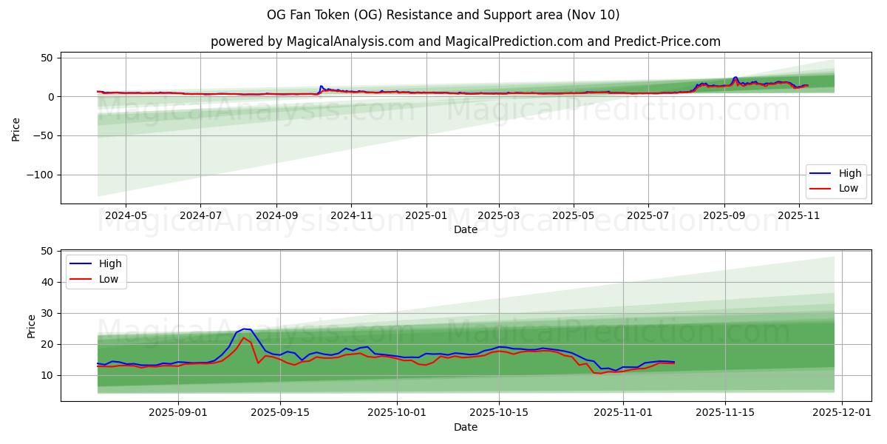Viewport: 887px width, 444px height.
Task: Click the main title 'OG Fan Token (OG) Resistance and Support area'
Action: (x=443, y=15)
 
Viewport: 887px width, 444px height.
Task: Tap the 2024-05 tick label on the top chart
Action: (x=126, y=215)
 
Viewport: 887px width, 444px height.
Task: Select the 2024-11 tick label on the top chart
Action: (x=351, y=215)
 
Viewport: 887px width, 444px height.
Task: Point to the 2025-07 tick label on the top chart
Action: (x=648, y=215)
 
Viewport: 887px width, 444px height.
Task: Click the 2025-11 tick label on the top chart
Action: (x=799, y=215)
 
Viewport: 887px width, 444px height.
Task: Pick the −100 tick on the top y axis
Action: (x=40, y=175)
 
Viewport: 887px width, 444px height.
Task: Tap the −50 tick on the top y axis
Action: (x=43, y=135)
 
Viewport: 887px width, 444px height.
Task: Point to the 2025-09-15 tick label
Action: (x=280, y=413)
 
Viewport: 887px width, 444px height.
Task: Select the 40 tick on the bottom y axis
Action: (x=47, y=282)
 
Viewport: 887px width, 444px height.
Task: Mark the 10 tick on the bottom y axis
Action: (x=47, y=375)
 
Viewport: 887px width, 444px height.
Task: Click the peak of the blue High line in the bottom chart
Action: (x=245, y=329)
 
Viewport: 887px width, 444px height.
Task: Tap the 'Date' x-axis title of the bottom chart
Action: (x=465, y=427)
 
